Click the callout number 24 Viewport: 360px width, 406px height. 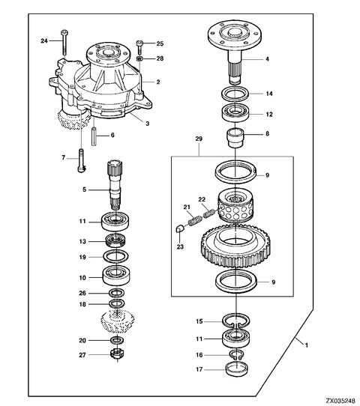(44, 40)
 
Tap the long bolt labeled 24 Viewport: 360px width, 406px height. (64, 43)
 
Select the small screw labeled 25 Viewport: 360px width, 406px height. (140, 46)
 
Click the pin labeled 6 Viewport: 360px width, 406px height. (94, 136)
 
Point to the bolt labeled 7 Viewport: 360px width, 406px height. (81, 160)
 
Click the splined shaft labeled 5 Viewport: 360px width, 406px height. (115, 185)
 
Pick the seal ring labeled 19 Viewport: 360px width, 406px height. (116, 257)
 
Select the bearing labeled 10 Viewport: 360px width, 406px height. (116, 276)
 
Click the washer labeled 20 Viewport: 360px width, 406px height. (117, 340)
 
